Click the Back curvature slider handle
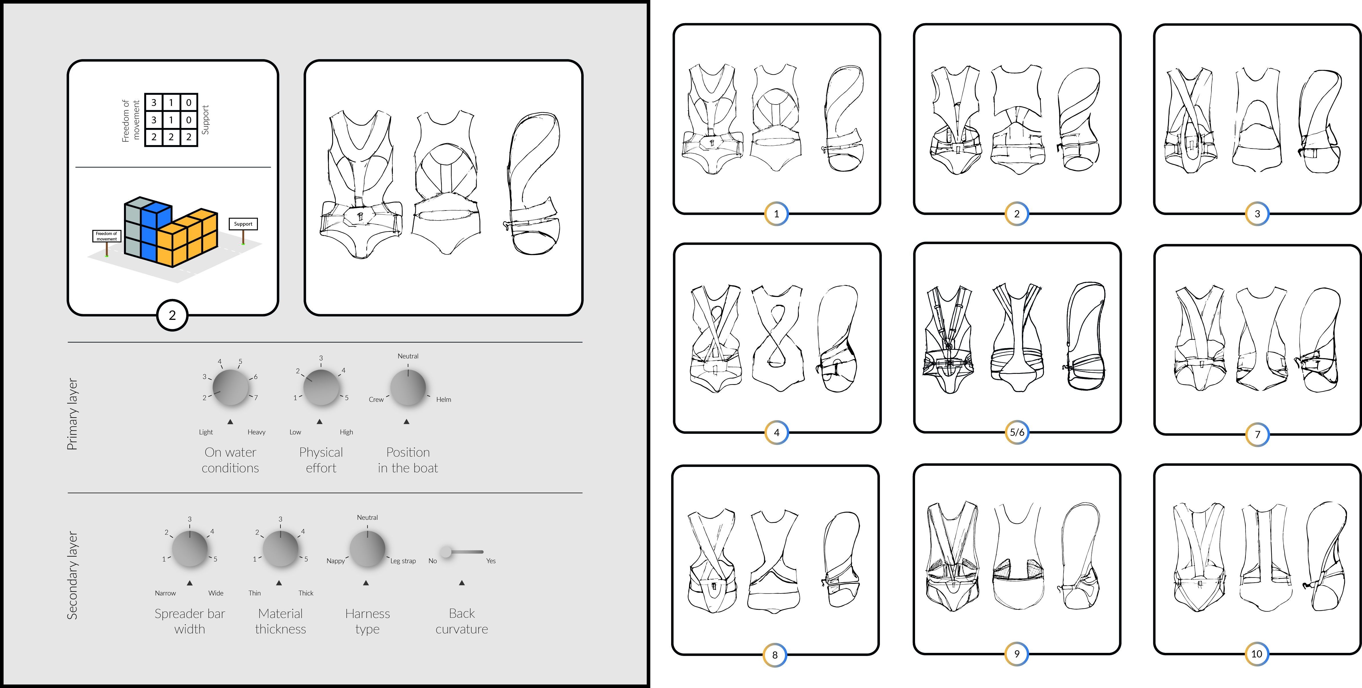(446, 552)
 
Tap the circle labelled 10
(1257, 654)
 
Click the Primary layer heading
(73, 414)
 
